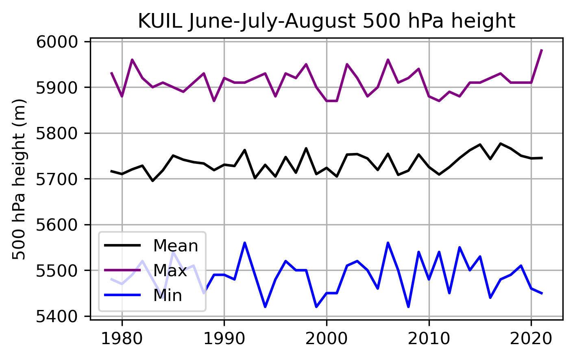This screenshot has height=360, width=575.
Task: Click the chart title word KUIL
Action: (160, 21)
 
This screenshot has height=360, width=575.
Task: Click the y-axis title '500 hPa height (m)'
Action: (19, 179)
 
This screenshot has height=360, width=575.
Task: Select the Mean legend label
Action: (175, 246)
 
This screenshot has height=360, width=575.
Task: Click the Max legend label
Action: (170, 271)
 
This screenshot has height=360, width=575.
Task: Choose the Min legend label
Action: (168, 295)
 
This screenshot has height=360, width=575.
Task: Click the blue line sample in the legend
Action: (122, 295)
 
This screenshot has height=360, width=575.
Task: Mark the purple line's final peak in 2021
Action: (542, 50)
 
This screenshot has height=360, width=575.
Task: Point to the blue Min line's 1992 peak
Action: (245, 243)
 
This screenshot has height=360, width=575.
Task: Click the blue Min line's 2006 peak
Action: (388, 243)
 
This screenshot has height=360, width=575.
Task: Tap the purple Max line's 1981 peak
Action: (132, 60)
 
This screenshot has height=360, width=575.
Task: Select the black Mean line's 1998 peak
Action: (306, 148)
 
